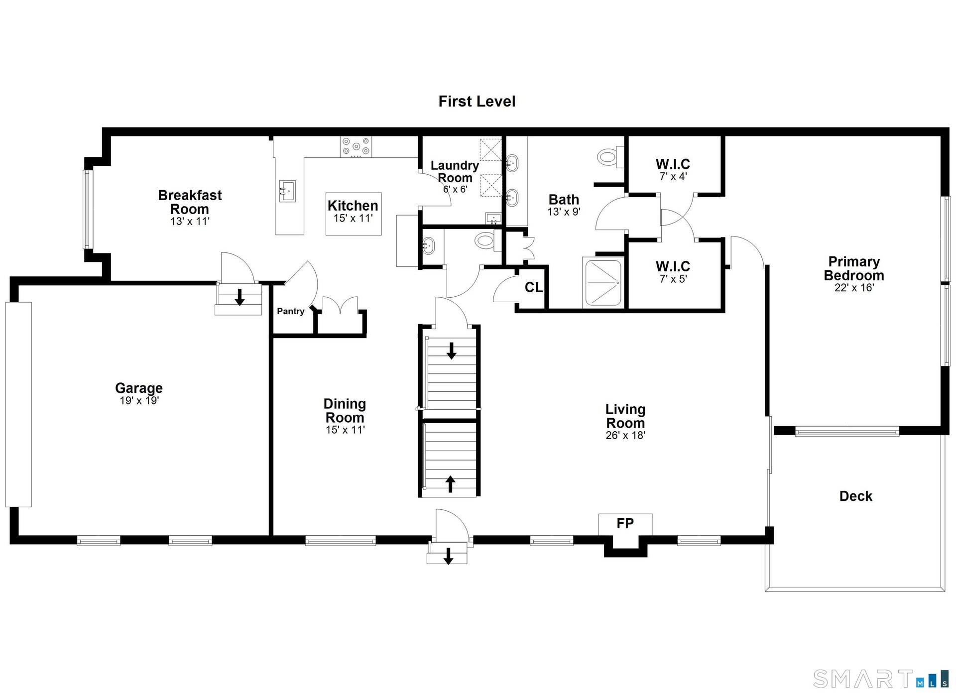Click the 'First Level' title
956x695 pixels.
coord(477,102)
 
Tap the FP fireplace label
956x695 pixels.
coord(625,523)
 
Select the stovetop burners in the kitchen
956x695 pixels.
coord(356,147)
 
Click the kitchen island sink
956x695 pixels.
coord(287,191)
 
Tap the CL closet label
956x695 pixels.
coord(533,288)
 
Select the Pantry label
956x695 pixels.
coord(291,311)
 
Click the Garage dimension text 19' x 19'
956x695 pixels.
coord(139,400)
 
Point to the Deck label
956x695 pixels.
coord(856,496)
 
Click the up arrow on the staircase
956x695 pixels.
coord(450,484)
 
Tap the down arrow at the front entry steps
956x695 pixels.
coord(448,556)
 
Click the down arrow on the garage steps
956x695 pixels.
coord(239,297)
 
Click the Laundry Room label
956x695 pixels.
coord(455,172)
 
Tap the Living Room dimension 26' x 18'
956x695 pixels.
coord(625,435)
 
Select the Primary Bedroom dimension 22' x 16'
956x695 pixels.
coord(854,288)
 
